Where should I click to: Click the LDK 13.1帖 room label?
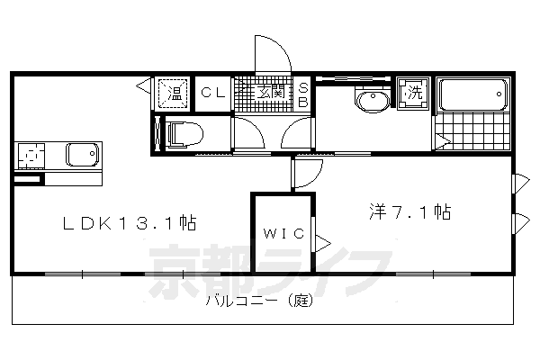130,222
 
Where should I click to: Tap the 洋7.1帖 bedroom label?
409,213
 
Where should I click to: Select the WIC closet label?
283,234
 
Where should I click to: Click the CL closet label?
211,91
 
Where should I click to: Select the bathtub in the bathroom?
473,94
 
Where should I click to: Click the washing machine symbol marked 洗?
414,93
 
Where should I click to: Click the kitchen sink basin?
82,156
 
